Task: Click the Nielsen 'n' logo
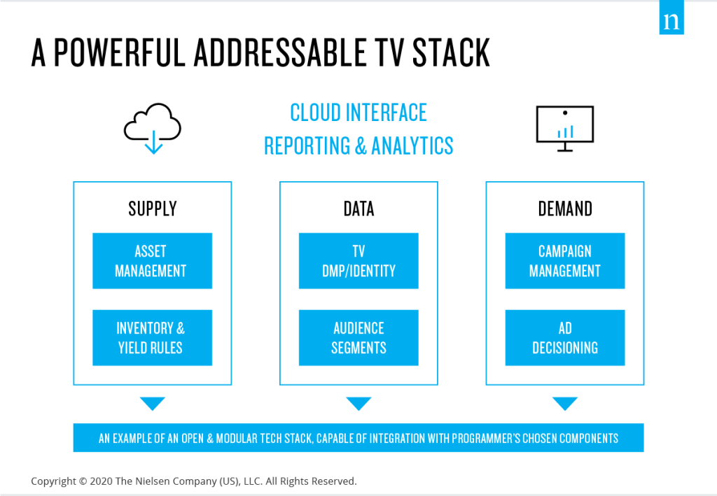pos(671,17)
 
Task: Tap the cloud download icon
pos(153,128)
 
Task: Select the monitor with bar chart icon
pos(565,128)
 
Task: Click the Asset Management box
pos(152,261)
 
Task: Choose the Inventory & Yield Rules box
pos(152,337)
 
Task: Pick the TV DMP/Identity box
pos(358,261)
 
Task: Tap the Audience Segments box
pos(358,337)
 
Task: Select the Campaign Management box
pos(565,261)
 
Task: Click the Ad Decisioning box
pos(565,337)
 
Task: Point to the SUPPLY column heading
pos(152,208)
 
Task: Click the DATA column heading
pos(359,208)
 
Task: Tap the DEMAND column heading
pos(565,208)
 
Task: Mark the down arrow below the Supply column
pos(152,403)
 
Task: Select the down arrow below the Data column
pos(358,403)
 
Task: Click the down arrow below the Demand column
pos(565,403)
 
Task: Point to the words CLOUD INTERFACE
pos(358,113)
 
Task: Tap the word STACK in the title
pos(451,52)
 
